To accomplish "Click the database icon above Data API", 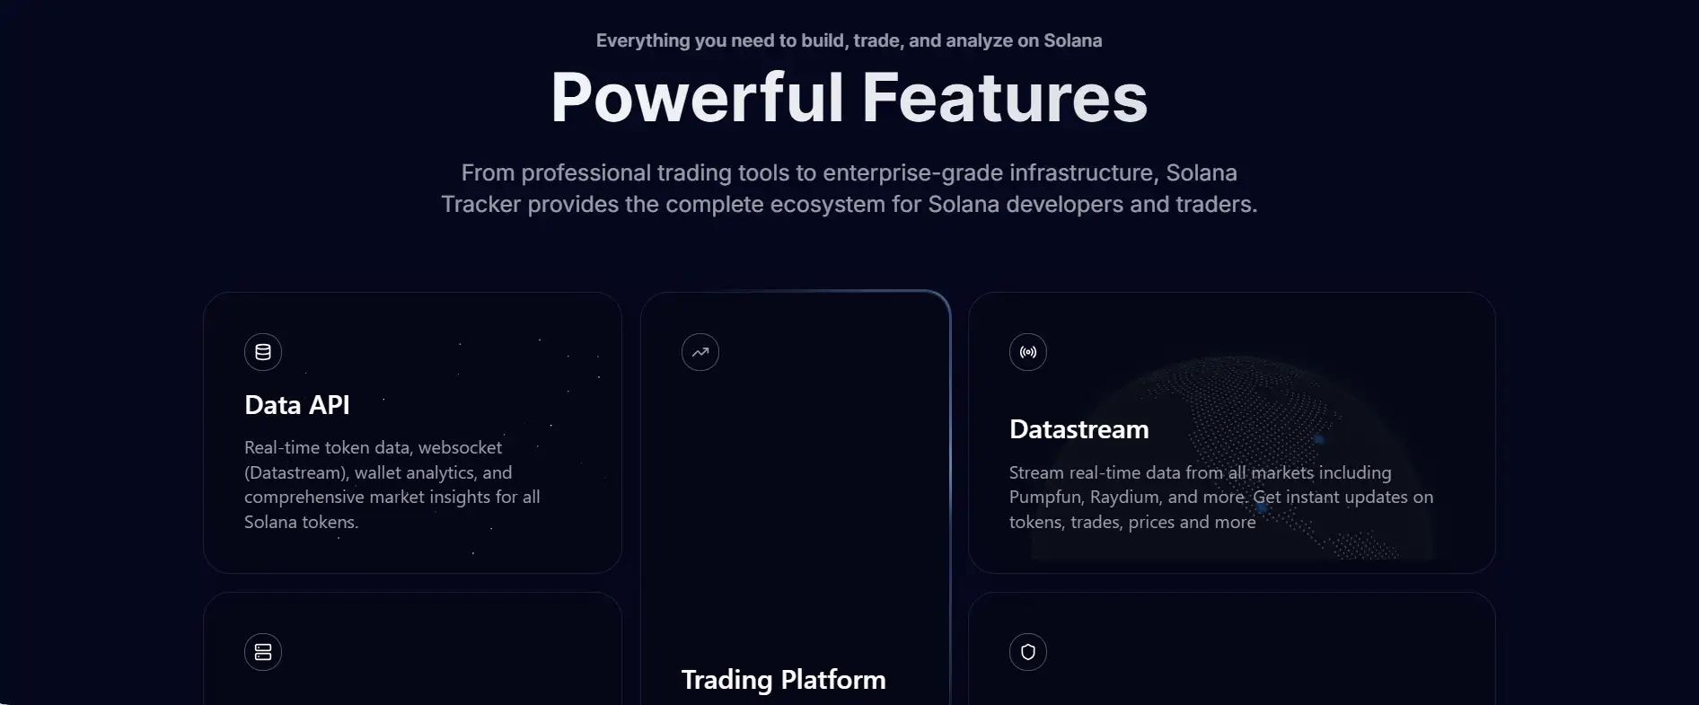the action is tap(263, 352).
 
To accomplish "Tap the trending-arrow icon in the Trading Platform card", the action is tap(700, 352).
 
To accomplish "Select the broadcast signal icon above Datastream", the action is tap(1028, 352).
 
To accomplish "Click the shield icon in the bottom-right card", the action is tap(1028, 652).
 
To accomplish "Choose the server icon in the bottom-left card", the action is tap(263, 652).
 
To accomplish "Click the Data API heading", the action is tap(297, 405).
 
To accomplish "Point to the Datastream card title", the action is tap(1079, 429).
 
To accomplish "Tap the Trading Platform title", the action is tap(784, 680).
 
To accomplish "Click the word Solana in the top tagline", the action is tap(1073, 40).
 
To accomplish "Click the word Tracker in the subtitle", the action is tap(481, 205).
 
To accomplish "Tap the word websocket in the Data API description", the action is tap(461, 447).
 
